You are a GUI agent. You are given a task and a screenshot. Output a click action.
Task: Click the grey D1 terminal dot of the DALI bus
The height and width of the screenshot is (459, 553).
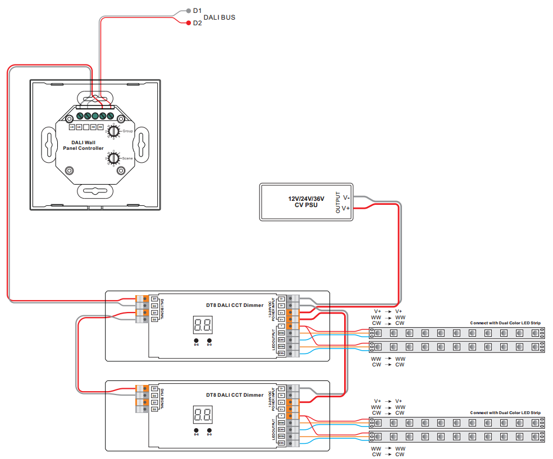pyautogui.click(x=188, y=11)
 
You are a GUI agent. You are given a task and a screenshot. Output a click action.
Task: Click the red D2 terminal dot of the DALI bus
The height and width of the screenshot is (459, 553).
pyautogui.click(x=188, y=23)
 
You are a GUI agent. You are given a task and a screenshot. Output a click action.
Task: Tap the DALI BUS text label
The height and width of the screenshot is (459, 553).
pyautogui.click(x=219, y=17)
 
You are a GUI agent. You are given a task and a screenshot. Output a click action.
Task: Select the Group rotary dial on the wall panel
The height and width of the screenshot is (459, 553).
pyautogui.click(x=113, y=131)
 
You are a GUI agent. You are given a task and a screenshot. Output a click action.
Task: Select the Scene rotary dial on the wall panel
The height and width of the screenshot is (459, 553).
pyautogui.click(x=113, y=158)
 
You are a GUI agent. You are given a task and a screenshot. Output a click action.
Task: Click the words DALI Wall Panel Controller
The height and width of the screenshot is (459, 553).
pyautogui.click(x=83, y=145)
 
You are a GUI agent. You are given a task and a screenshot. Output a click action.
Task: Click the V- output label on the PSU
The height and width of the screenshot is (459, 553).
pyautogui.click(x=346, y=198)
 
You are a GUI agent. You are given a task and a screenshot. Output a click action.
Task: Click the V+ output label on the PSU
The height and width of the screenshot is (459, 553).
pyautogui.click(x=346, y=208)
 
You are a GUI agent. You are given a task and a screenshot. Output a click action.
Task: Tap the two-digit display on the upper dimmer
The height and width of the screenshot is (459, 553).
pyautogui.click(x=203, y=325)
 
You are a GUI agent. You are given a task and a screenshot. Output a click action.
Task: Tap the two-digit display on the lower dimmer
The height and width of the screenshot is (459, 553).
pyautogui.click(x=203, y=415)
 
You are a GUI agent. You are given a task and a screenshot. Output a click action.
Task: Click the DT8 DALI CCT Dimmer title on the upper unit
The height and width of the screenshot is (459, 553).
pyautogui.click(x=234, y=305)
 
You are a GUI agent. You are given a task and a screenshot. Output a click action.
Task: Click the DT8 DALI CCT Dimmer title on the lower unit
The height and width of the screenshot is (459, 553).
pyautogui.click(x=234, y=395)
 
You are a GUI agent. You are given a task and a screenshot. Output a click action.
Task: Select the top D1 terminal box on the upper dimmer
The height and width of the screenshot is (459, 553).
pyautogui.click(x=154, y=299)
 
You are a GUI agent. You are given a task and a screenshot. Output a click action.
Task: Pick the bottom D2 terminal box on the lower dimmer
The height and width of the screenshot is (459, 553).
pyautogui.click(x=154, y=410)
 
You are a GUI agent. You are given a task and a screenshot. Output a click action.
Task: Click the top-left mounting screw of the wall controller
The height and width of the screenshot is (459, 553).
pyautogui.click(x=70, y=118)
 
